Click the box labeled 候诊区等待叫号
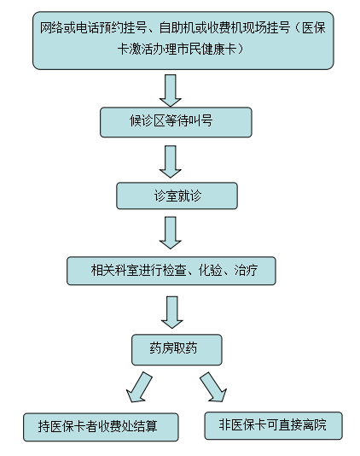click(176, 122)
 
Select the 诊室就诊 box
click(177, 196)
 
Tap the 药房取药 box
click(177, 349)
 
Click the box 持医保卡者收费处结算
click(101, 427)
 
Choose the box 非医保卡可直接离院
click(274, 425)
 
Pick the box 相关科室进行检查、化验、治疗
click(171, 271)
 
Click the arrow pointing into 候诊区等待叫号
click(171, 91)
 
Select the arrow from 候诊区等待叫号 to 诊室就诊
click(171, 161)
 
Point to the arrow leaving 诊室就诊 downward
click(171, 232)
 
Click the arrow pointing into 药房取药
click(172, 313)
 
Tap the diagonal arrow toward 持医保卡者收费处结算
click(139, 387)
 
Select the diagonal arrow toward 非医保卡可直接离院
click(213, 387)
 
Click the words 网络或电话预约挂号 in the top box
click(93, 28)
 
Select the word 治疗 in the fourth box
click(246, 270)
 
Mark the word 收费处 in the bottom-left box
click(115, 427)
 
